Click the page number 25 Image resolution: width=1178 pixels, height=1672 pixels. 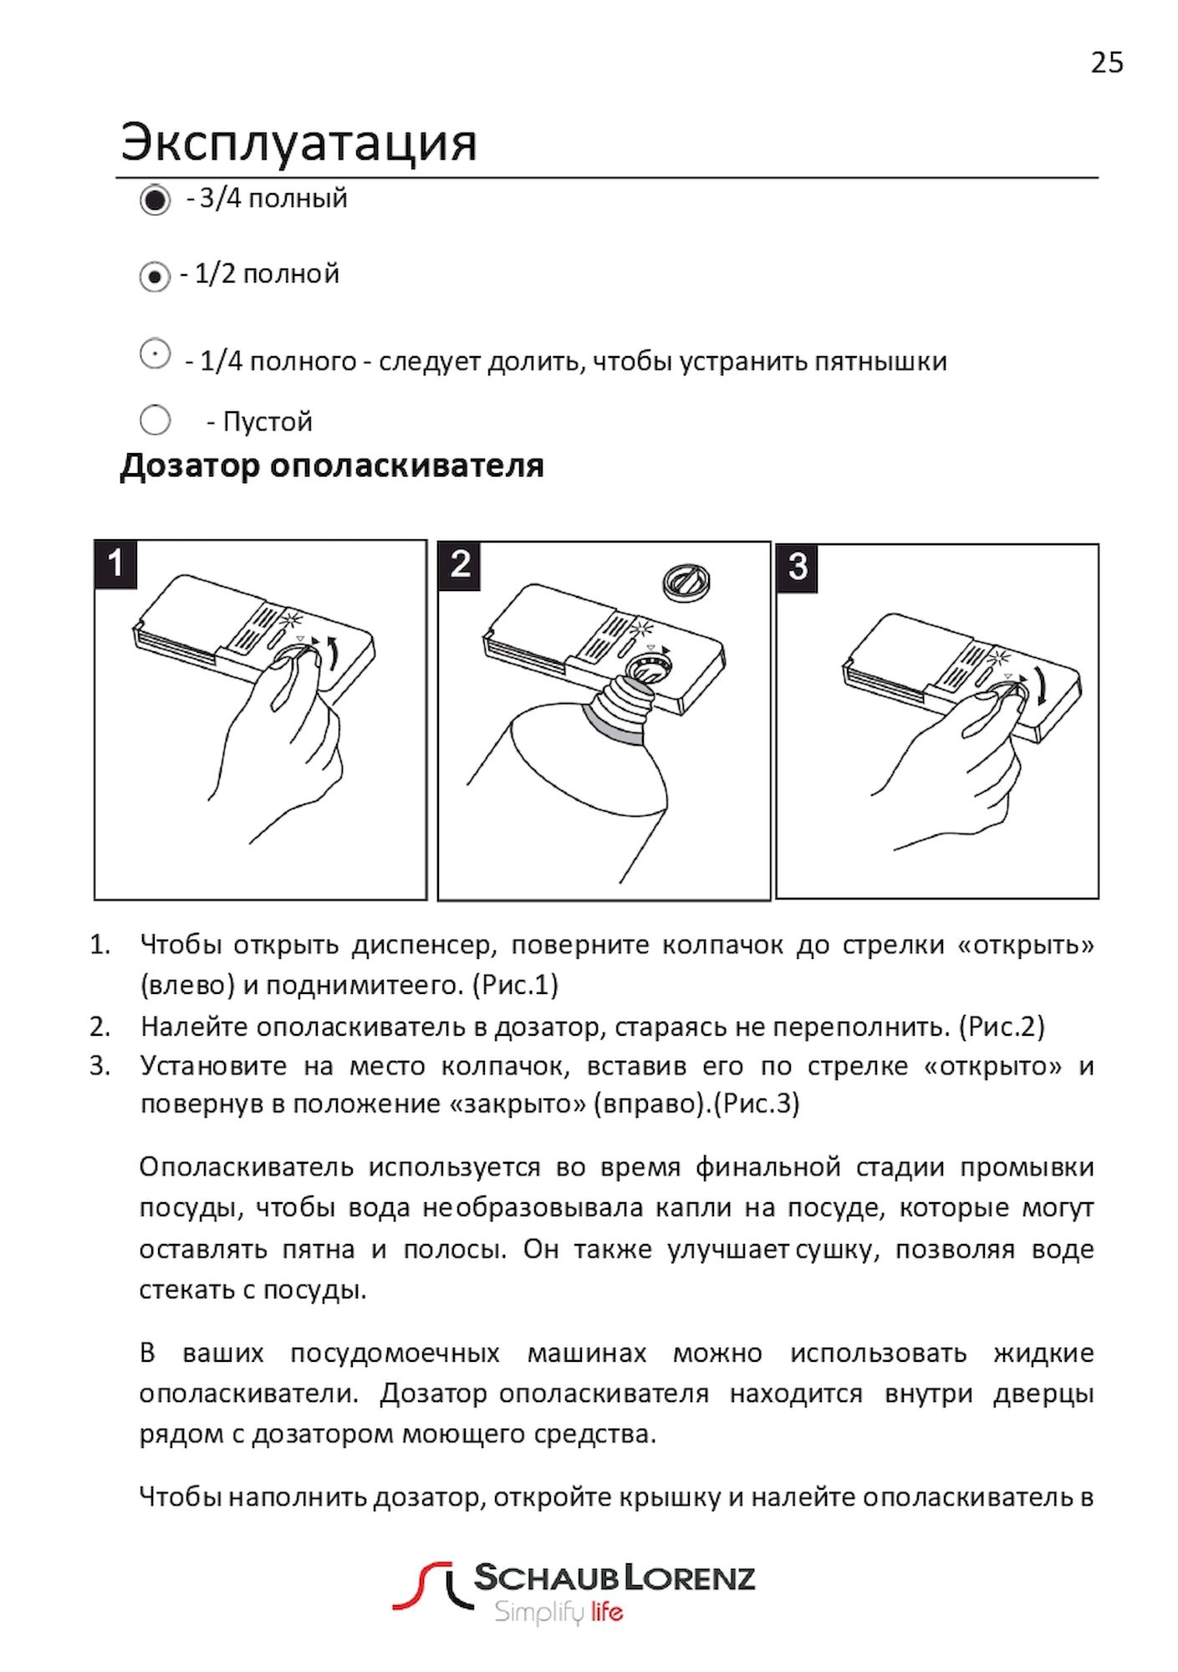(1106, 64)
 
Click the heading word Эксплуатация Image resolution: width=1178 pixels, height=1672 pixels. (298, 142)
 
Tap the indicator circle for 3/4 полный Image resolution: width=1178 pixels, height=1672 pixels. (155, 200)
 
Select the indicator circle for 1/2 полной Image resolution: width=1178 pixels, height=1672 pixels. (155, 276)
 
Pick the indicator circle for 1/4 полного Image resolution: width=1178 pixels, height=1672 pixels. (155, 354)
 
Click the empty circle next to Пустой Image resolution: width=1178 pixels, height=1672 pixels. (155, 420)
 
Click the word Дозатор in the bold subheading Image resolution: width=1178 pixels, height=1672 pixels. (191, 466)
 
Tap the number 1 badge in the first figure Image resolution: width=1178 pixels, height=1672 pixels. (115, 564)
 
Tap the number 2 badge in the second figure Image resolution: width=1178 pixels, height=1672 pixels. (459, 565)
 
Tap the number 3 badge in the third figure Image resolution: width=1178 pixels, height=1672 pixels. (797, 568)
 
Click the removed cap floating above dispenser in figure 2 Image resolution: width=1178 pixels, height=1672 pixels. (686, 582)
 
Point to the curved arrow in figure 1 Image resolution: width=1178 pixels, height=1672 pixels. (333, 653)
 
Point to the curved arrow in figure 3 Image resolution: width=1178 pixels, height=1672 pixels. (1039, 686)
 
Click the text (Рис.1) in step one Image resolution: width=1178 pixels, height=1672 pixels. (515, 985)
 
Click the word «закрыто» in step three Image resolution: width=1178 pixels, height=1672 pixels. (518, 1104)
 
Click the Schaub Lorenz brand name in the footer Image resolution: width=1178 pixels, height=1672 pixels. (614, 1578)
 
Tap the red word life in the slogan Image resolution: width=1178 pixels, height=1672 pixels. (607, 1611)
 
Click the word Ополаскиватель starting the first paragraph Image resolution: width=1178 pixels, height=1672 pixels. (247, 1167)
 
